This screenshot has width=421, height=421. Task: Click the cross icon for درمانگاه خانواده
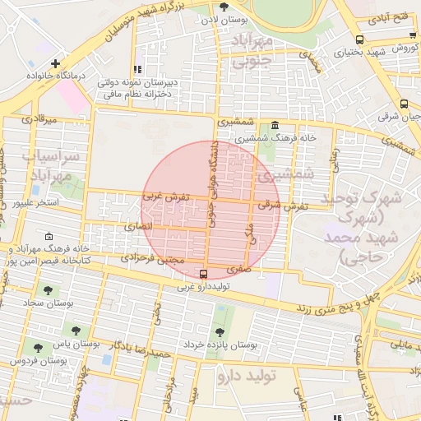click(55, 63)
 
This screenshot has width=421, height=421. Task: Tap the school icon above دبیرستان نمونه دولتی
click(137, 69)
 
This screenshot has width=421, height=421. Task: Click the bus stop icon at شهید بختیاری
click(359, 39)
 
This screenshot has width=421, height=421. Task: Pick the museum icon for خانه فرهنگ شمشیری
click(274, 125)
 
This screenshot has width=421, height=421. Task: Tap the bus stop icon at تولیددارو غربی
click(204, 274)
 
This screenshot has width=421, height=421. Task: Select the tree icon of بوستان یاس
click(76, 331)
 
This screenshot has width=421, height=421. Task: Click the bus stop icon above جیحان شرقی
click(404, 104)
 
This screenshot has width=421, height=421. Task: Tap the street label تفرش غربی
click(166, 197)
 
